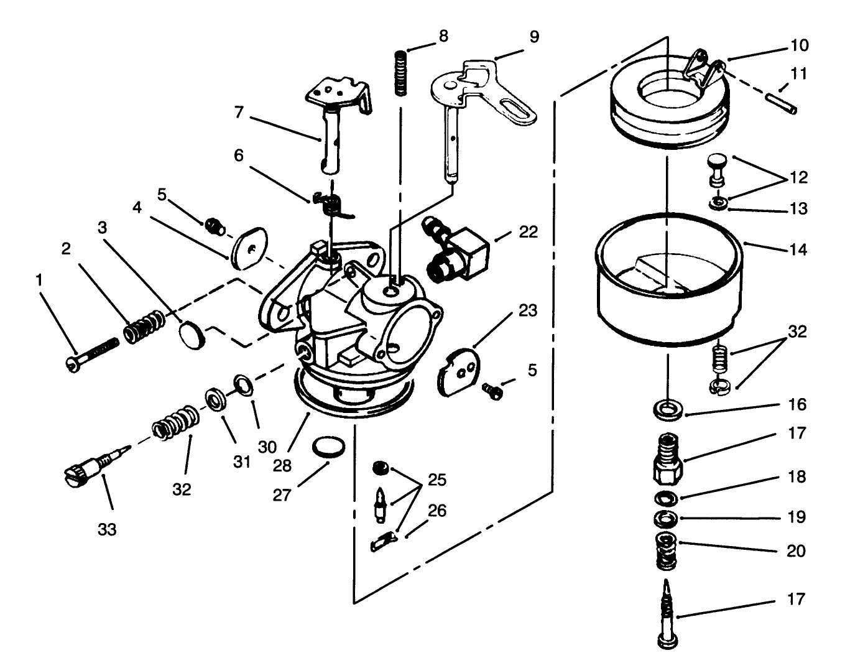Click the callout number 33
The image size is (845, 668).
coord(106,530)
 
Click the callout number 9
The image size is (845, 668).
coord(534,37)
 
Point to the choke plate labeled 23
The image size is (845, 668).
coord(460,373)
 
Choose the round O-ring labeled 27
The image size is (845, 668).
coord(328,448)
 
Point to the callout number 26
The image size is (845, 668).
coord(437,510)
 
